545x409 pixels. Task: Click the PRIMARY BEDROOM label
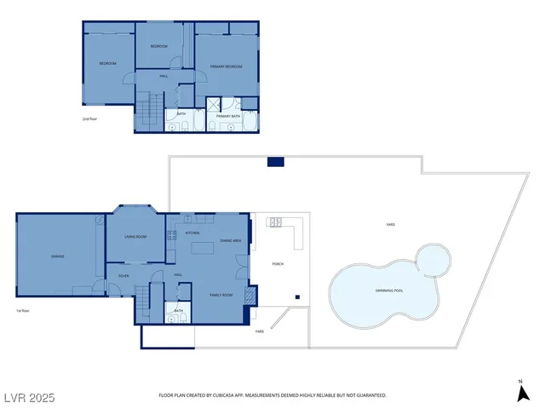pos(227,66)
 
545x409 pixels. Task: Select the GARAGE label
pos(58,256)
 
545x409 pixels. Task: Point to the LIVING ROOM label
pos(135,236)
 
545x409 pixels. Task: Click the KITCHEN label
pos(192,232)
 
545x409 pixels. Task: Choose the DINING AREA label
pos(231,241)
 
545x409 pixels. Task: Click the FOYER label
pos(123,275)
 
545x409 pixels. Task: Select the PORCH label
pos(278,264)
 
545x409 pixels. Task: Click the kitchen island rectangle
pos(202,248)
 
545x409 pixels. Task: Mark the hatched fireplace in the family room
pos(249,296)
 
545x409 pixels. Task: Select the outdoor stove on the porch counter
pos(275,223)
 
